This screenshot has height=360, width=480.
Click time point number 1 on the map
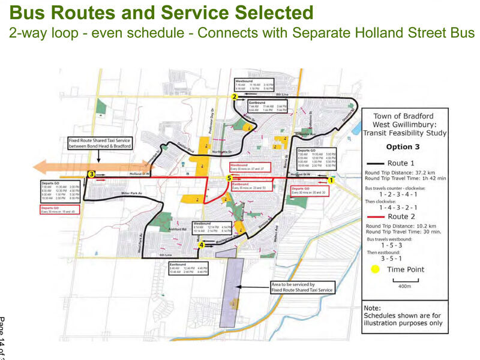[x=331, y=179]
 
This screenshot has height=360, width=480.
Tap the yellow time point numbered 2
[x=235, y=96]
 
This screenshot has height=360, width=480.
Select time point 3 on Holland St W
[x=91, y=174]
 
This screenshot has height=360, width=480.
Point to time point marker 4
[x=202, y=245]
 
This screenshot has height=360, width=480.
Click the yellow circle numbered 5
[x=229, y=178]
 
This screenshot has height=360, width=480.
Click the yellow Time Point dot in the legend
[x=376, y=269]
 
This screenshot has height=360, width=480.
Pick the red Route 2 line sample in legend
[x=376, y=216]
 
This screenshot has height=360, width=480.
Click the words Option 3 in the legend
[x=403, y=147]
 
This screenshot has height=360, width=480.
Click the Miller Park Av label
[x=130, y=193]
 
